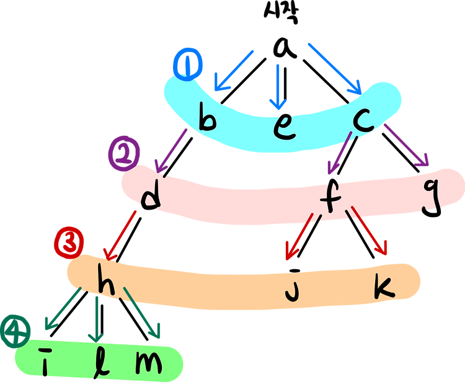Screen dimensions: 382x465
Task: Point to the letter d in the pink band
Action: point(150,197)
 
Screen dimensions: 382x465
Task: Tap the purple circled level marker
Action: point(124,153)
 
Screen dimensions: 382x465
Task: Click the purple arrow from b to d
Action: point(172,149)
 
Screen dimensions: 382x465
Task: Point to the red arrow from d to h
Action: point(122,236)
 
